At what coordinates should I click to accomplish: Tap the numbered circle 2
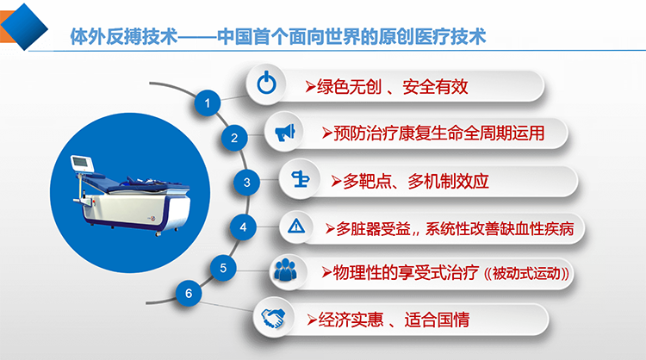pyautogui.click(x=233, y=138)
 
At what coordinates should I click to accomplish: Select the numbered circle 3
pyautogui.click(x=247, y=182)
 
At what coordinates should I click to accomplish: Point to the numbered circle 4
pyautogui.click(x=245, y=227)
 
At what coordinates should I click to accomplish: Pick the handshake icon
pyautogui.click(x=274, y=319)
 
